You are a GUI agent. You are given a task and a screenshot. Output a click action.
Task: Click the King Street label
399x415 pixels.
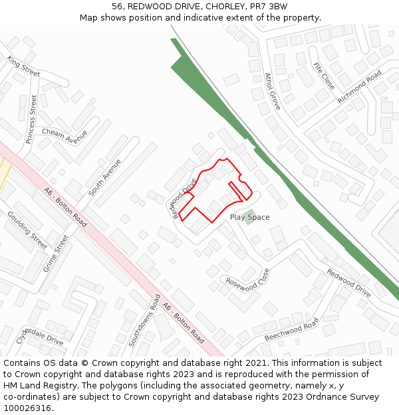(24, 66)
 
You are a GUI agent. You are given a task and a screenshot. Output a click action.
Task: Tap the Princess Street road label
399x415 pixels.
(32, 119)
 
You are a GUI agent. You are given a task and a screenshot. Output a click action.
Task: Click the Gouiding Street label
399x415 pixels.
(27, 229)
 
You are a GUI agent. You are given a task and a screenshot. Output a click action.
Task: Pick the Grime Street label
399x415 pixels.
(56, 254)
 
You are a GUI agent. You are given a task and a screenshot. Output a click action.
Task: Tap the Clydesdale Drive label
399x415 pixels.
(40, 335)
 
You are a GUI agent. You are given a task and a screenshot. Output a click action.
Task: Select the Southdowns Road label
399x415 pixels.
(144, 321)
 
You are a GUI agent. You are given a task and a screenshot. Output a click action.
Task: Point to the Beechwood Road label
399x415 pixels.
(291, 329)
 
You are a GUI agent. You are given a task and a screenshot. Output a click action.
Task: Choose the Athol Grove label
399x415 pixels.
(273, 91)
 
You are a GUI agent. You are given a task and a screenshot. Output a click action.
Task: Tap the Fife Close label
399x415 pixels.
(324, 76)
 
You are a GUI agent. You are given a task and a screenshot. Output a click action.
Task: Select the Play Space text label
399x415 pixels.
(249, 217)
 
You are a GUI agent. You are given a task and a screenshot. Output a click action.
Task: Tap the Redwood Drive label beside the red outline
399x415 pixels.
(184, 197)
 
